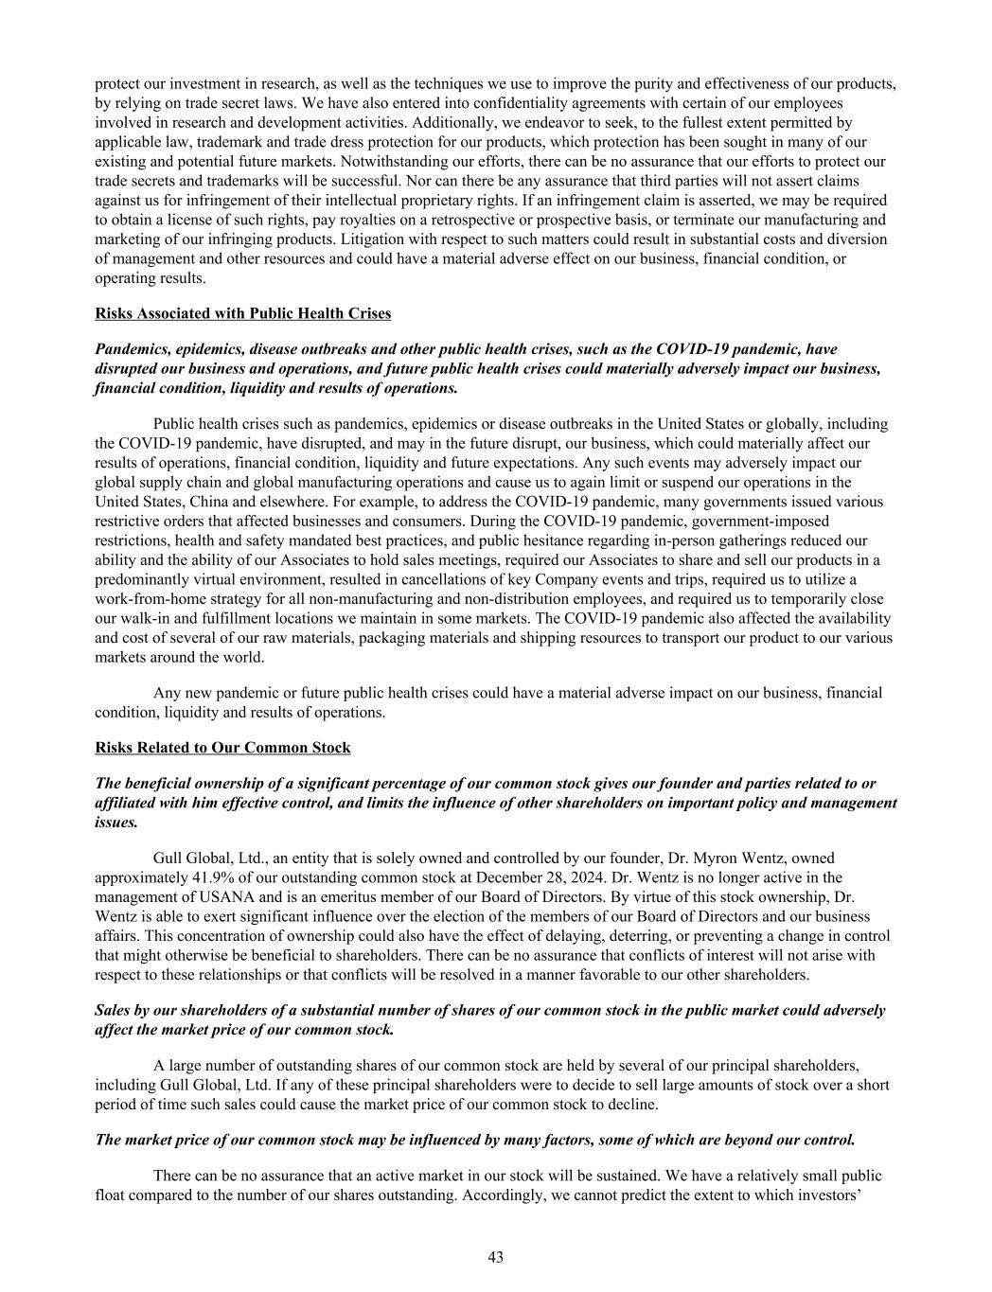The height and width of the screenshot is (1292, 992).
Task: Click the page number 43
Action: (495, 1257)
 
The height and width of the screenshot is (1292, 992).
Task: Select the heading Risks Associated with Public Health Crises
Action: (242, 313)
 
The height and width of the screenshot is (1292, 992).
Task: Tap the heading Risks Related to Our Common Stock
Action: (222, 748)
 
